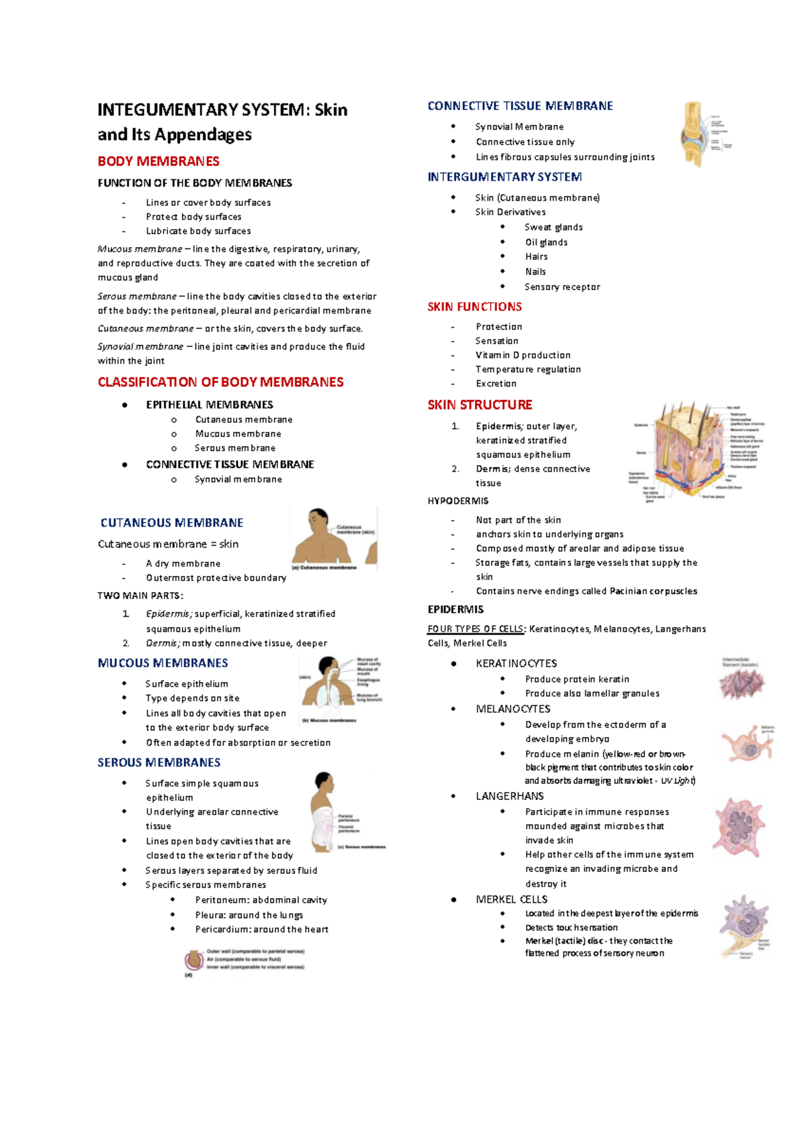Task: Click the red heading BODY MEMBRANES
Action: pos(159,161)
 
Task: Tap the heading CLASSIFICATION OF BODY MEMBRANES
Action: pos(220,382)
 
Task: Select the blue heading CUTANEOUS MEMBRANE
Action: pos(172,523)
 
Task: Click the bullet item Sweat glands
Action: pos(553,227)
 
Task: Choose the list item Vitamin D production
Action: pos(523,355)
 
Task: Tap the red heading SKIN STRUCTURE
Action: pos(480,405)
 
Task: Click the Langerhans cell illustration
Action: pos(739,828)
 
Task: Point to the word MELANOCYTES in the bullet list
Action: pos(513,709)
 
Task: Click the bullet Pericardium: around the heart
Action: pos(261,930)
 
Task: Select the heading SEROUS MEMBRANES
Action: pos(159,762)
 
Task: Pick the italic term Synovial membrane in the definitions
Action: pos(140,346)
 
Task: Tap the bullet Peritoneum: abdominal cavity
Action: pos(261,900)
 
